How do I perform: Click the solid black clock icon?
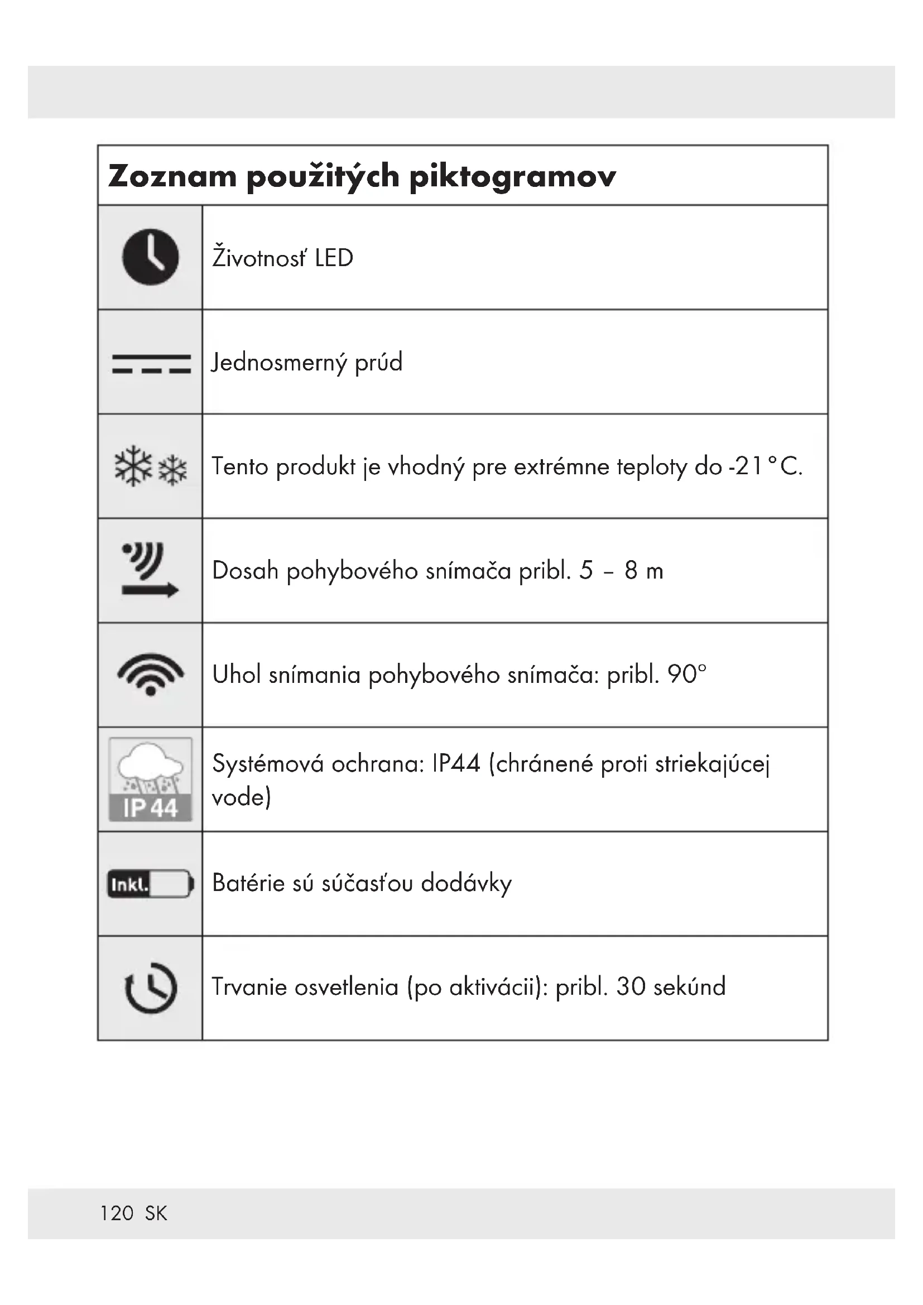click(151, 257)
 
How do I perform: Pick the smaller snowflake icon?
click(173, 471)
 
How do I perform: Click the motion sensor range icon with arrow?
click(150, 570)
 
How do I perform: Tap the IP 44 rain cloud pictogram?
click(151, 779)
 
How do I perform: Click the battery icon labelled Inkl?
click(151, 884)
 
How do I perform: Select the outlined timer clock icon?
click(151, 988)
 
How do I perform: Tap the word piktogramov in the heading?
click(512, 177)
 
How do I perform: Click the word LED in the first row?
click(334, 259)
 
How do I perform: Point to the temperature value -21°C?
click(765, 466)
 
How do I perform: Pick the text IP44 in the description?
click(456, 764)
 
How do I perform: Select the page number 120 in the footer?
click(117, 1213)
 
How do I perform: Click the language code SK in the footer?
click(156, 1213)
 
